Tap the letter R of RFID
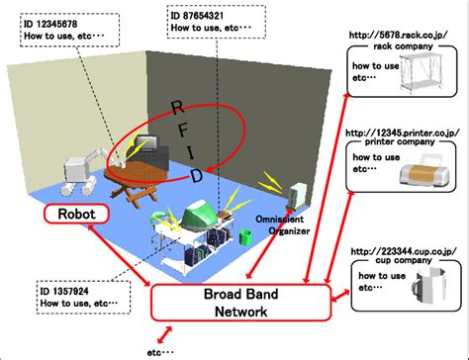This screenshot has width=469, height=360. click(x=177, y=107)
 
